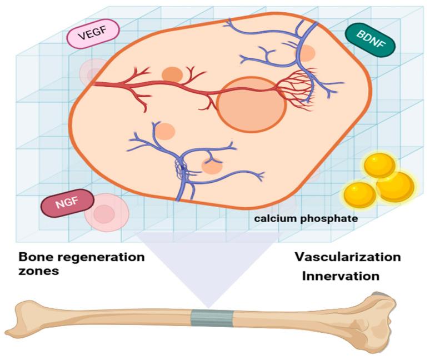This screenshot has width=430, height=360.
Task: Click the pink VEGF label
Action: pos(93,37)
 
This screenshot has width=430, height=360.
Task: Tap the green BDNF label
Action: pos(369,39)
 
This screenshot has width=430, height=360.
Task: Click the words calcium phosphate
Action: pos(306,219)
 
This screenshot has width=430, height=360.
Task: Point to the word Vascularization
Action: pos(347,257)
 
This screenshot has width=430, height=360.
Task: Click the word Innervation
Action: pos(341,276)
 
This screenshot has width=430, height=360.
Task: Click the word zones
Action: pos(39,273)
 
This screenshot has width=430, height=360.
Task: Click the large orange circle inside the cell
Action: pos(251,104)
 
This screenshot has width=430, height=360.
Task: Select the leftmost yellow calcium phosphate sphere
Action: pos(359,194)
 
